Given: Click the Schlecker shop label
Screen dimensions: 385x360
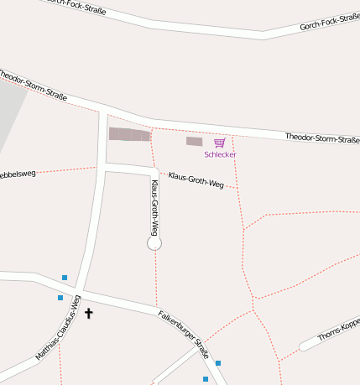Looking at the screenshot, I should click(x=220, y=154).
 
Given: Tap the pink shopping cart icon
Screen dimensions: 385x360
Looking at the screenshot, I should click(x=219, y=143).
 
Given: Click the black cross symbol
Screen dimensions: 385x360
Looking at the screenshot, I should click(x=89, y=313).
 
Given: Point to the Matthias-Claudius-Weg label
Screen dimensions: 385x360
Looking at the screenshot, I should click(x=58, y=328).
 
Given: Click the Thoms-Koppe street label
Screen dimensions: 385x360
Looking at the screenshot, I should click(x=338, y=330).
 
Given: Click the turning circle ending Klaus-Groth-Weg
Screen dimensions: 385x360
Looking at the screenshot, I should click(x=154, y=243).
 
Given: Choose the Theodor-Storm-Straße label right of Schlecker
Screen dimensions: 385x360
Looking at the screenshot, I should click(x=321, y=138).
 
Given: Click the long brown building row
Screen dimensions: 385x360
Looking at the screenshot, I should click(x=129, y=134).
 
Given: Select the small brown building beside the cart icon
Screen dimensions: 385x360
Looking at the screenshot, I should click(x=194, y=141).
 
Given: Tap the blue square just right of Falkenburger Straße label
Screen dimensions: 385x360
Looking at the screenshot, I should click(x=218, y=363).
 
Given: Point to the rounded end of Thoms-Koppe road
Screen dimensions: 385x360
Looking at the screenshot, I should click(x=304, y=346).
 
